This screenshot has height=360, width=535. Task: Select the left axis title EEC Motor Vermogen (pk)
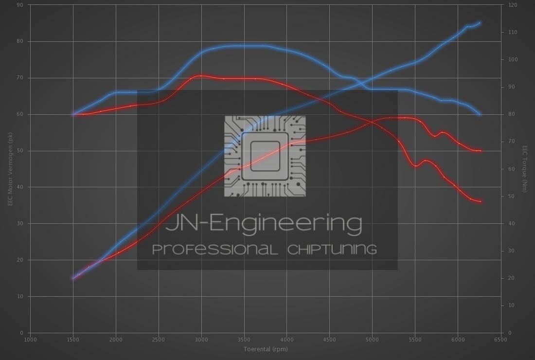(10, 169)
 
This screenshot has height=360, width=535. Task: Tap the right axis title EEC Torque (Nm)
(525, 169)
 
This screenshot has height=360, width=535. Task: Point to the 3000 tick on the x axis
(201, 340)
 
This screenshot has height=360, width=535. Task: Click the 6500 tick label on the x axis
(500, 340)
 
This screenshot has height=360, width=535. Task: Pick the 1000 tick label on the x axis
(30, 340)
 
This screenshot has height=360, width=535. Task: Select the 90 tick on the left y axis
(20, 5)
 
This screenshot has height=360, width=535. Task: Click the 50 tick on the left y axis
(20, 151)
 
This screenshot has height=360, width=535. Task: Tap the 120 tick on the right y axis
(513, 5)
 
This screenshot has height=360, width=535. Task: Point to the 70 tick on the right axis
(511, 142)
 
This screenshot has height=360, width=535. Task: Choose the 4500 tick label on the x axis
(329, 340)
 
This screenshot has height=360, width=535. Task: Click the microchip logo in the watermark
(265, 156)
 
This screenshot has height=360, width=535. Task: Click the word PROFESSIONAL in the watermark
(215, 250)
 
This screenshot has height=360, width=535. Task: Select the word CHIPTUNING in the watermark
(332, 250)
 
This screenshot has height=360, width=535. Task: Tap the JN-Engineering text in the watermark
(264, 224)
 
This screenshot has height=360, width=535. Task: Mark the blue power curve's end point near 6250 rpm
(480, 22)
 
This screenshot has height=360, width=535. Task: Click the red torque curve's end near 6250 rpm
(481, 201)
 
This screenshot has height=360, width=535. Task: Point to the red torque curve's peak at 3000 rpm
(200, 76)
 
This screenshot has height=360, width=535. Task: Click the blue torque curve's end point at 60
(481, 115)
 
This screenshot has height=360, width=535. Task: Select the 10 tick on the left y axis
(20, 296)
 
